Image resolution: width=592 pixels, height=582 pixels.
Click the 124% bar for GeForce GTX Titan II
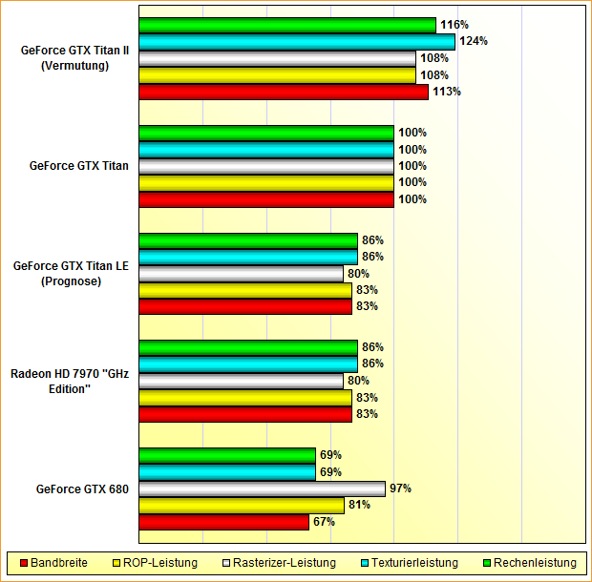tap(296, 41)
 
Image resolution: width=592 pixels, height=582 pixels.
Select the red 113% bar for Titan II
tap(283, 92)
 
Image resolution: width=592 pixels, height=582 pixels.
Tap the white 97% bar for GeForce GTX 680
tap(262, 488)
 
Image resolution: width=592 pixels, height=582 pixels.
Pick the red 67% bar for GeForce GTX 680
tap(223, 522)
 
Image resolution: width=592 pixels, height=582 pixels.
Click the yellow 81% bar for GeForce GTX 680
tap(241, 506)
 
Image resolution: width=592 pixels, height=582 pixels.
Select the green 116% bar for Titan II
tap(286, 25)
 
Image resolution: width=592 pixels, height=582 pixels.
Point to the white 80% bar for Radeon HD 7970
tap(241, 381)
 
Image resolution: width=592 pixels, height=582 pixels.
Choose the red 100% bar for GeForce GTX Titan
tap(265, 199)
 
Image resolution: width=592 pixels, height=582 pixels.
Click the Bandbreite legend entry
tap(53, 563)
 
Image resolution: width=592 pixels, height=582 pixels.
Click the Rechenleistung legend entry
tap(528, 563)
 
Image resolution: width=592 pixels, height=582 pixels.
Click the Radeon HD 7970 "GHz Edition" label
tap(69, 381)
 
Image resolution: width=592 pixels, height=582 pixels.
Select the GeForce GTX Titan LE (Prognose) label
tap(71, 273)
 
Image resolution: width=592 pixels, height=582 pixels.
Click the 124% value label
tap(474, 41)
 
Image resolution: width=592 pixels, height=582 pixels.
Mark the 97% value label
tap(400, 488)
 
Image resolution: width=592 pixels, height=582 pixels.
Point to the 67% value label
tap(324, 522)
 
